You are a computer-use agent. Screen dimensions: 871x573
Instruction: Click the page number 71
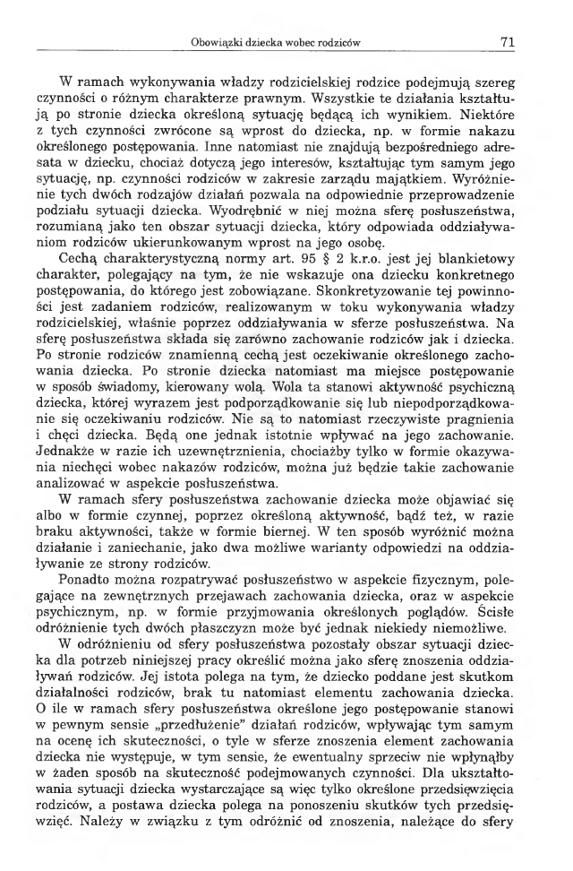pyautogui.click(x=506, y=41)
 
